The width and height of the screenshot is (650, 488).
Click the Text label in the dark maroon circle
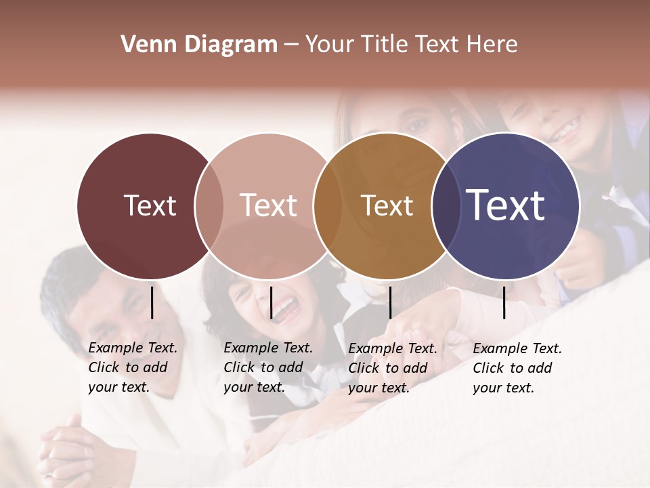[150, 205]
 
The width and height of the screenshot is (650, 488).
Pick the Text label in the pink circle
[269, 205]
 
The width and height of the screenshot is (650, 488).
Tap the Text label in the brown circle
[387, 205]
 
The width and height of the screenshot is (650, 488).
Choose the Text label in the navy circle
[506, 205]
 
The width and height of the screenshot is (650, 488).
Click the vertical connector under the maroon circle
[152, 302]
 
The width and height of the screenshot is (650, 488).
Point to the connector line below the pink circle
[271, 302]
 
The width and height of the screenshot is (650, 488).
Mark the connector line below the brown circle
[390, 302]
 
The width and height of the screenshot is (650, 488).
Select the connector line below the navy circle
[504, 302]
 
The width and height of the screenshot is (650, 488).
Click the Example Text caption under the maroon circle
[132, 367]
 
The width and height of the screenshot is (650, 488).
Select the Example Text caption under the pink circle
[267, 367]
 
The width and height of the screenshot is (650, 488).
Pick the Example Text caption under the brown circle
[392, 368]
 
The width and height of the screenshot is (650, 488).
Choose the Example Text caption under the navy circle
[517, 368]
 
